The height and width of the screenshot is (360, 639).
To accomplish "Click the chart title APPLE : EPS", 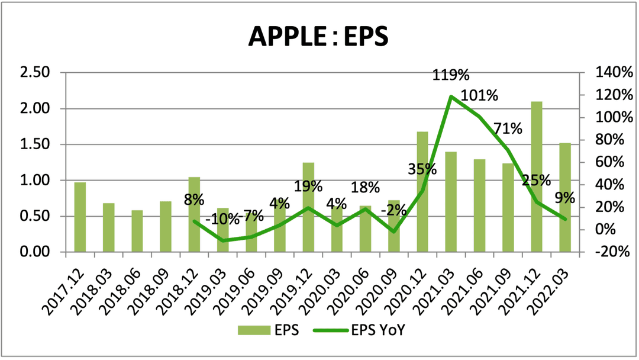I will (x=318, y=37).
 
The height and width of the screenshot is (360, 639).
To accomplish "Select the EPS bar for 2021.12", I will (x=537, y=177).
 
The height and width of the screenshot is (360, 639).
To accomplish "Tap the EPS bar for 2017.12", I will (x=80, y=217).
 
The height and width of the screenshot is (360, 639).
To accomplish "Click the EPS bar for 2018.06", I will (x=137, y=231).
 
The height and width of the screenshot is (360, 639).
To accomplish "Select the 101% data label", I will (x=479, y=95).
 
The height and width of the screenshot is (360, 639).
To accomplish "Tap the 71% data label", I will (x=508, y=128).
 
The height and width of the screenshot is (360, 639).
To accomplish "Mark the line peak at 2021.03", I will (x=451, y=97).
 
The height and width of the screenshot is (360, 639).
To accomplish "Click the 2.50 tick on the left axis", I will (x=36, y=73).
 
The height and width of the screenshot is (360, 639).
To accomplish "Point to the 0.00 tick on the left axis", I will (x=36, y=252).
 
